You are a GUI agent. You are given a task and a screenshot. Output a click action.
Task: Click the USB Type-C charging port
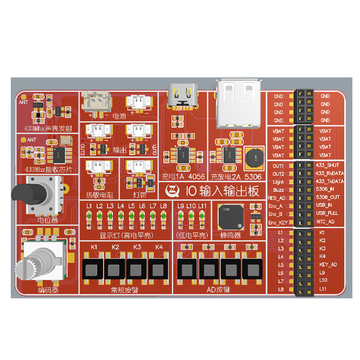182,96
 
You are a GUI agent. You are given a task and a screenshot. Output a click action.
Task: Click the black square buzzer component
231,217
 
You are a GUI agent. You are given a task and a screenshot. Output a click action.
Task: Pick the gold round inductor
255,156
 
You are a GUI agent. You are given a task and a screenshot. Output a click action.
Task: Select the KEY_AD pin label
328,265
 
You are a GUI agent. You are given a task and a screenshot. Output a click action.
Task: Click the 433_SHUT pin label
327,165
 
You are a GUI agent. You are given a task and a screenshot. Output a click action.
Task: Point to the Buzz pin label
278,190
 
